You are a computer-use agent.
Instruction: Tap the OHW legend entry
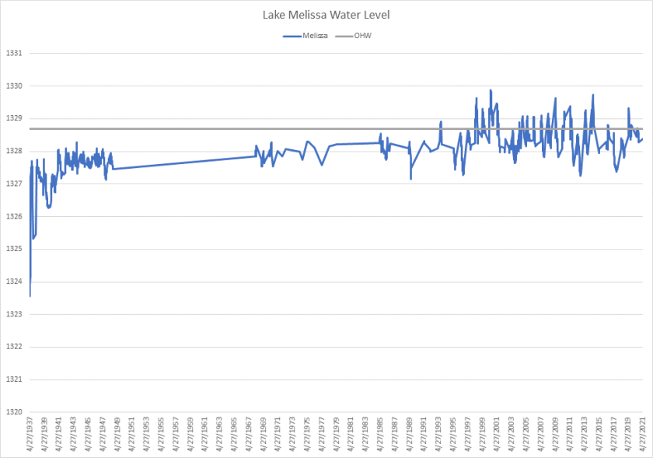(357, 36)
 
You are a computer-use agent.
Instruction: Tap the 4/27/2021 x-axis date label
(642, 435)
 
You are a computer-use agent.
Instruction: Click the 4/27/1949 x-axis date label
(117, 435)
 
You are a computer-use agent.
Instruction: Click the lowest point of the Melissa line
(30, 296)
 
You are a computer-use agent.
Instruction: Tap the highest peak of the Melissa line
(491, 90)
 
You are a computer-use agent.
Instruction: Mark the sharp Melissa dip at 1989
(410, 179)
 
